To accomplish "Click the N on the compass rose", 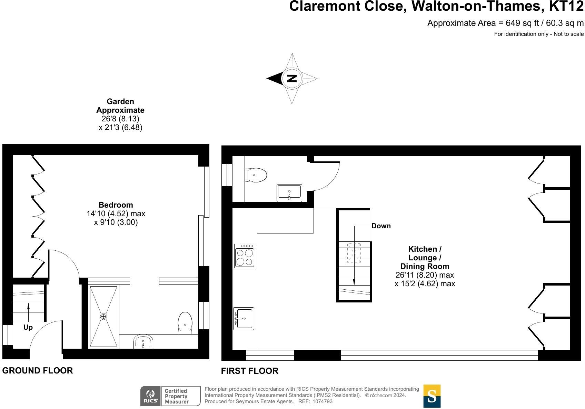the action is coord(292,78).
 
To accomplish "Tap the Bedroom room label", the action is coord(116,205).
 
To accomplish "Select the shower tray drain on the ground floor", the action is coord(103,317).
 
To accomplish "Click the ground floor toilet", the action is coord(185,323).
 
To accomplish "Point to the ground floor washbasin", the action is coord(143,342).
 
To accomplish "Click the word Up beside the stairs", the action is coord(28,328).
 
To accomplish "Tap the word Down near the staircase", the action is coord(381,226).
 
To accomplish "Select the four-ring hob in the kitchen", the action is coord(245,256).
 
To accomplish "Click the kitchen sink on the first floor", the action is coord(244,319).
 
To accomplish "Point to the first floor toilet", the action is coord(256,175).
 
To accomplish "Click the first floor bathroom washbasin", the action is coord(289,193).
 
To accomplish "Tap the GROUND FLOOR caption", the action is coord(38,371).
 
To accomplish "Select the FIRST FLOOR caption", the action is coord(250,371).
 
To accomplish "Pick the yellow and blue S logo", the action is coord(432,396).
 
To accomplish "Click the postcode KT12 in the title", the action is coord(566,6).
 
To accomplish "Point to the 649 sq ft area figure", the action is coord(522,23).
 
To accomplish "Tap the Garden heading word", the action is coord(120,101).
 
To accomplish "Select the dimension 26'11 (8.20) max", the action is coord(425,275).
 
